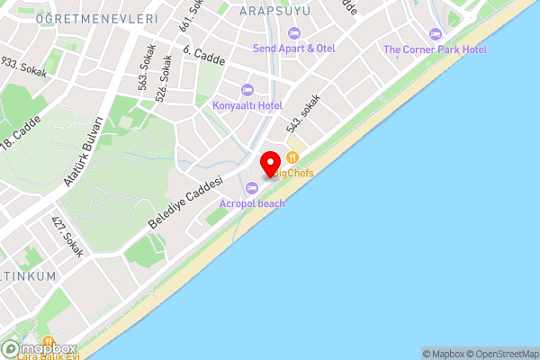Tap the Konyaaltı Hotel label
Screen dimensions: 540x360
247,105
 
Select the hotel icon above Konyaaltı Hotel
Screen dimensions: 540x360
247,89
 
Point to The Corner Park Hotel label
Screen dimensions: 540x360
435,49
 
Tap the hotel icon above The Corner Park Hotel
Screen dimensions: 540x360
436,34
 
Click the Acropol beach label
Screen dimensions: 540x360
252,203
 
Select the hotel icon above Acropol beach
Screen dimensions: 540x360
252,188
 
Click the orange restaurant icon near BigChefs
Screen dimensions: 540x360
292,157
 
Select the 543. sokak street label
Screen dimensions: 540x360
303,115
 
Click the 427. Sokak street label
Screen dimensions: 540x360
67,237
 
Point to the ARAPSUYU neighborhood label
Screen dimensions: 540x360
276,10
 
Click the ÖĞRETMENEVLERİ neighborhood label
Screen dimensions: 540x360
97,18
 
